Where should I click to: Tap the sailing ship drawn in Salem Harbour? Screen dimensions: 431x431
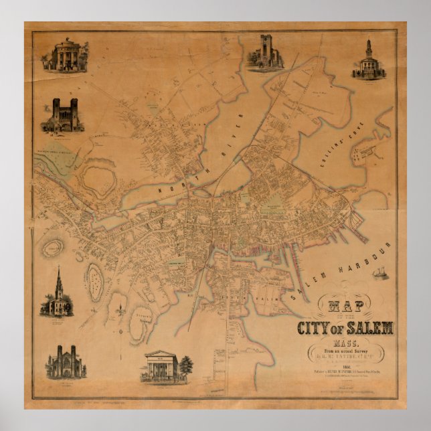point(381,272)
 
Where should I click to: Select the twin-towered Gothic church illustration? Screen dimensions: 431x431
point(64,361)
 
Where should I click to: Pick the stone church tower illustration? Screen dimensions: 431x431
point(266,51)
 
